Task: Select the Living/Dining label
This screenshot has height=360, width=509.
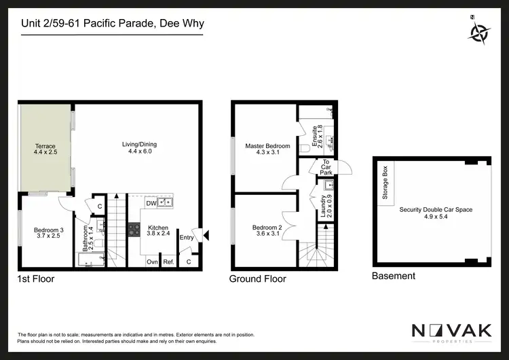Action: (x=138, y=147)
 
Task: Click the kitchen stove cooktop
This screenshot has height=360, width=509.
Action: (x=133, y=230)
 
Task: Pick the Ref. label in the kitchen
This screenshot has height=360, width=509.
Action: (x=169, y=262)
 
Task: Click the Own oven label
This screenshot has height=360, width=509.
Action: (x=152, y=262)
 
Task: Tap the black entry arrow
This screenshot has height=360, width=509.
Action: (x=206, y=236)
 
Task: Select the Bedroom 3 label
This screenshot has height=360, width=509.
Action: (x=48, y=234)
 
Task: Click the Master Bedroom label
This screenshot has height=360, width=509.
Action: (x=267, y=150)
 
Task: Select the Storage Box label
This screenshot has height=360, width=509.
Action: (x=385, y=183)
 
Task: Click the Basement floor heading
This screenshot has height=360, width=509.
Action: (x=394, y=276)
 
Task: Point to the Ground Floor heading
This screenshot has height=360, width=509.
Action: (x=257, y=279)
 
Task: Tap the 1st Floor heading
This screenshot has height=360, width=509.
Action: (x=35, y=279)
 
